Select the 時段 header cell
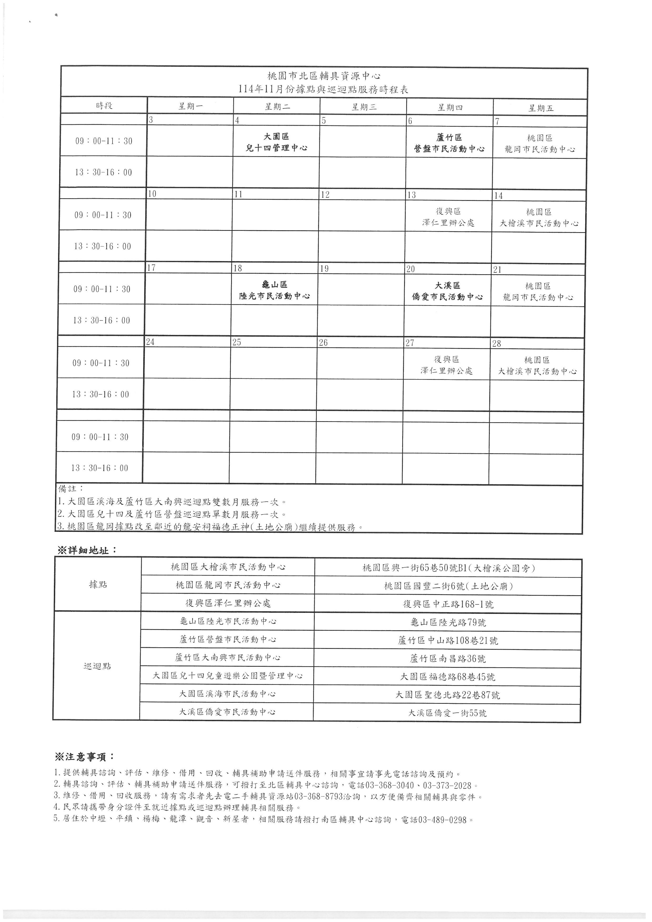pos(104,106)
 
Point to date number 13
pos(411,195)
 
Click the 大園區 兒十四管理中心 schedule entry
pos(276,142)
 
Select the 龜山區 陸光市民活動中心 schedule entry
pos(275,290)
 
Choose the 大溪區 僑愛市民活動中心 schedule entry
pos(447,291)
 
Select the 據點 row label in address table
pos(98,585)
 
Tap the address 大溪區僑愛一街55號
pos(447,713)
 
